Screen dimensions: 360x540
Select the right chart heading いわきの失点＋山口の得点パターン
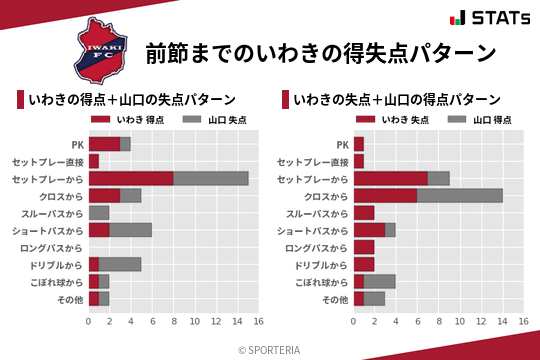click(397, 100)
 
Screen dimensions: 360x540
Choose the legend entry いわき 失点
click(393, 119)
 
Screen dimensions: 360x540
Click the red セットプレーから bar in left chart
click(131, 178)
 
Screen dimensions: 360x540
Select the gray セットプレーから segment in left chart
click(211, 178)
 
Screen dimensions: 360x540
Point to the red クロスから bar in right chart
click(385, 195)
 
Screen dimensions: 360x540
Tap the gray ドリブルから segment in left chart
click(120, 264)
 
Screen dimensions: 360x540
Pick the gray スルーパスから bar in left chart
click(99, 213)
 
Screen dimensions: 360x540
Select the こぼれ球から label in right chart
click(315, 282)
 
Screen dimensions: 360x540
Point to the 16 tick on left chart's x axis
click(258, 321)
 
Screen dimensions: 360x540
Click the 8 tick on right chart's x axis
click(438, 321)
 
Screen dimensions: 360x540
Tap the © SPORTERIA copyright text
click(270, 349)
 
